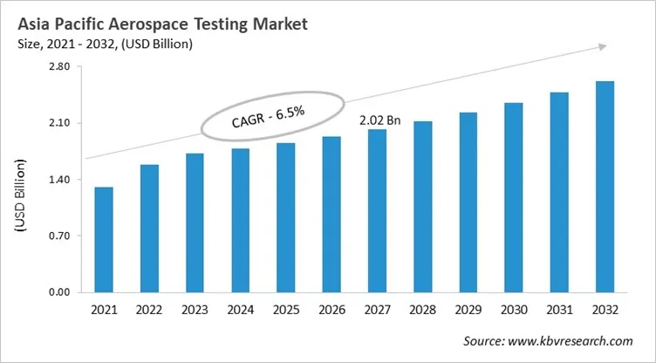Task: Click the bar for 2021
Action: coord(104,239)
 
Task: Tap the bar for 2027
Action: coord(377,210)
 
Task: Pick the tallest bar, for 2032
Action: coord(604,187)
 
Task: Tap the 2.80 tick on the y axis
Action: coord(58,67)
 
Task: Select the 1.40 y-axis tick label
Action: coord(58,180)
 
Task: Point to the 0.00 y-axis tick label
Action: coord(58,292)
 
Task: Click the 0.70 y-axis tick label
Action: coord(58,236)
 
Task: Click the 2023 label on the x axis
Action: coord(195,311)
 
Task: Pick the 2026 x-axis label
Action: coord(331,311)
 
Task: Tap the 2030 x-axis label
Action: coord(513,311)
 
